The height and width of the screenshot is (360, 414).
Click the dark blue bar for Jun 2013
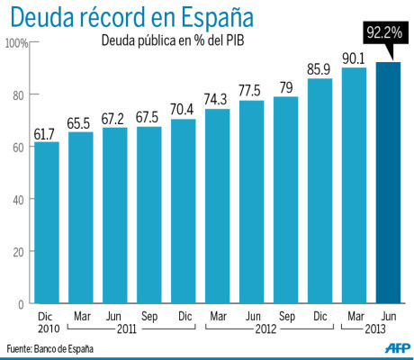pos(387,184)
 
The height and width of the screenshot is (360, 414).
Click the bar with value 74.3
pos(217,206)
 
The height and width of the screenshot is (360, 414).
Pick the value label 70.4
pos(183,107)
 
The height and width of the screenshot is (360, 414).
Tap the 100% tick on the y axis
pos(17,43)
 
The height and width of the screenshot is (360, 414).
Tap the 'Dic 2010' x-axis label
pos(47,322)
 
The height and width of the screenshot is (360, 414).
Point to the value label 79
pos(285,86)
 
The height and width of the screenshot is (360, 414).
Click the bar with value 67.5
pos(148,215)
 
